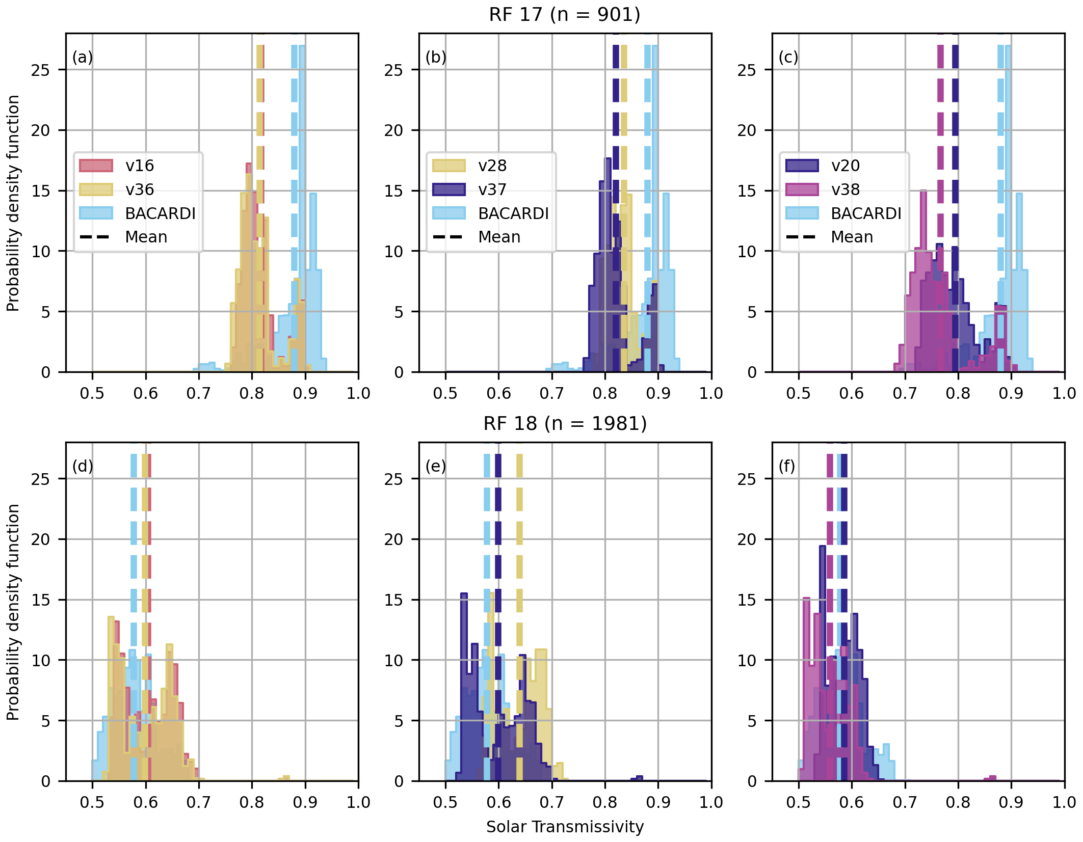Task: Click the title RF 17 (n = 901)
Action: [564, 14]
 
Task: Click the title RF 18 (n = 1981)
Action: [565, 423]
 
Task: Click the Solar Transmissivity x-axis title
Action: [565, 826]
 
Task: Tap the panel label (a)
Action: [83, 57]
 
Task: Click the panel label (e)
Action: [436, 466]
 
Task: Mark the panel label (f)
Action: [787, 466]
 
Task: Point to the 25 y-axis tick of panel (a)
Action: [41, 70]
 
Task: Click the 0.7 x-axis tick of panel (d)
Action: [198, 802]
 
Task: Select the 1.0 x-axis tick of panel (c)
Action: [1064, 393]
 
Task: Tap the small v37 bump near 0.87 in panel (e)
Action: [639, 778]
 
